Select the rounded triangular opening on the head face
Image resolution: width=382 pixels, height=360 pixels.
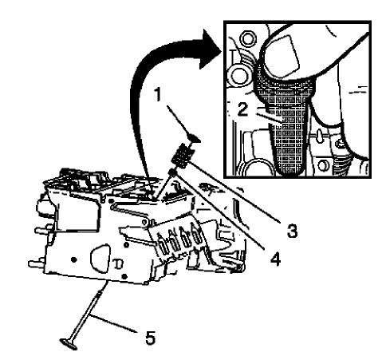(x=100, y=256)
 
